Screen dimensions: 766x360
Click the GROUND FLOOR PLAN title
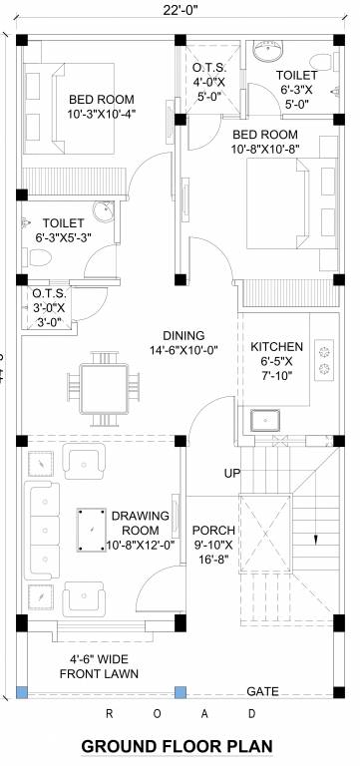point(176,746)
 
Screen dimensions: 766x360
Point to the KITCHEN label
point(270,340)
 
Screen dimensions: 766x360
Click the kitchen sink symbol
point(266,420)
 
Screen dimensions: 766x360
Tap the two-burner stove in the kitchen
point(323,360)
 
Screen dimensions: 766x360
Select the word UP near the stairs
point(231,472)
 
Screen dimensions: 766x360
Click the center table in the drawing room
point(92,524)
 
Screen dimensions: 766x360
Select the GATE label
point(262,691)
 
